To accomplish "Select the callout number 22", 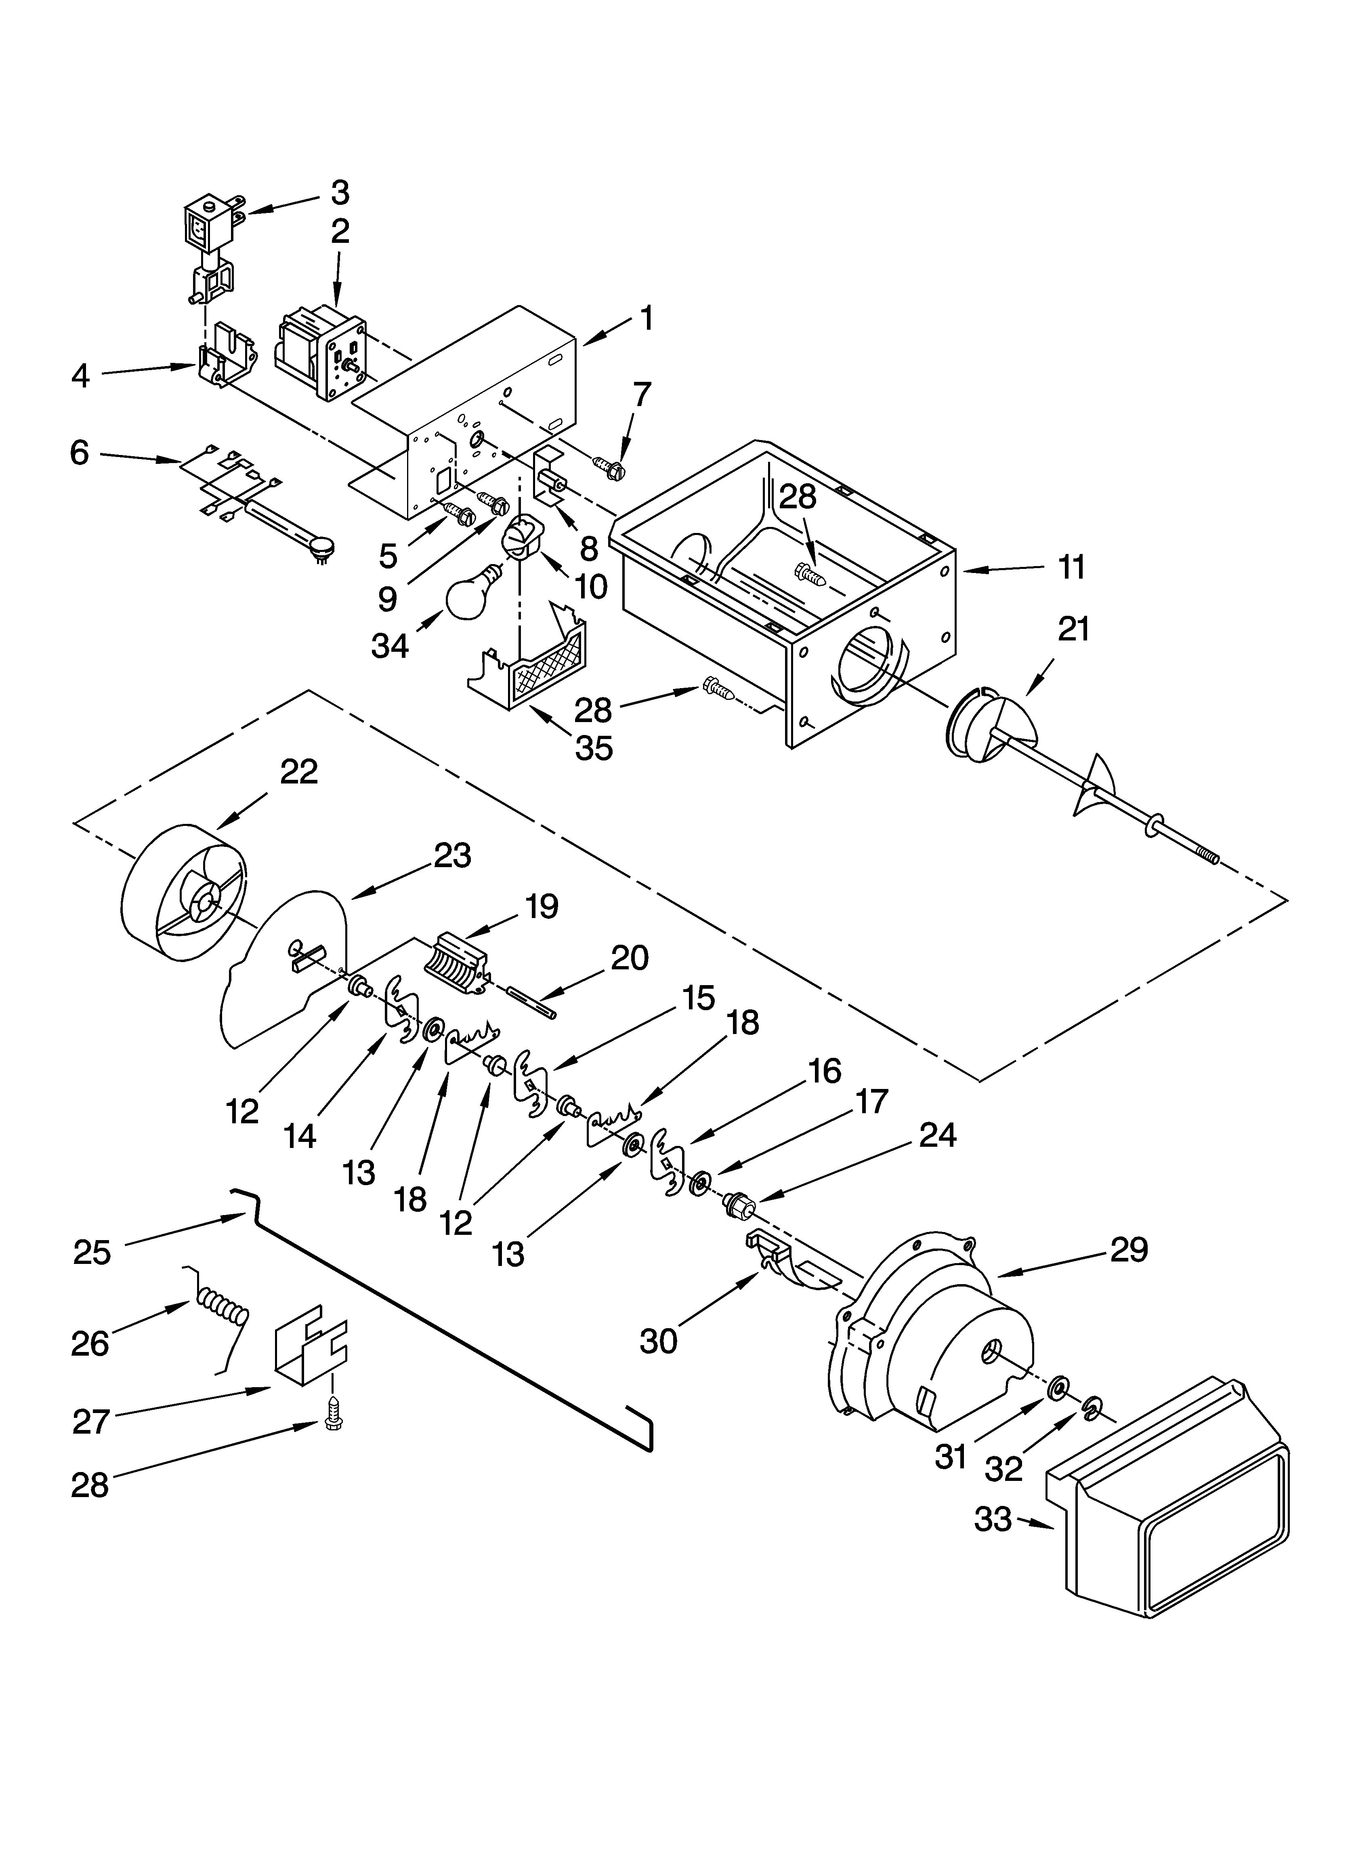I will click(x=299, y=772).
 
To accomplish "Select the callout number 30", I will click(x=659, y=1341).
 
